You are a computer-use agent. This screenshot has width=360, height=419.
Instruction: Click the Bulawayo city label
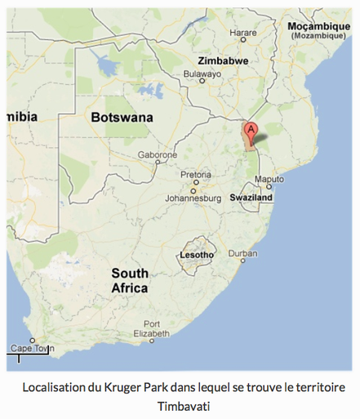202,73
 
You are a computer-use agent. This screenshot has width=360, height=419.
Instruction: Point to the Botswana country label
122,117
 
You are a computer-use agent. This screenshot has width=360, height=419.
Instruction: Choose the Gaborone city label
158,154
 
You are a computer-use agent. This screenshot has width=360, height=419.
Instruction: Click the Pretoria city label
196,174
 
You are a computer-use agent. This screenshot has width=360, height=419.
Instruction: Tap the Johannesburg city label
193,197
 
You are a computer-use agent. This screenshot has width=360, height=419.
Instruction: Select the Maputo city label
269,178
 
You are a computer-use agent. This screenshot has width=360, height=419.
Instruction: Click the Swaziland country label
251,198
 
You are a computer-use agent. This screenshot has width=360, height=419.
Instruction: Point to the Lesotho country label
195,256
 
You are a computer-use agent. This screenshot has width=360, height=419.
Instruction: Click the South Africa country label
130,280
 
